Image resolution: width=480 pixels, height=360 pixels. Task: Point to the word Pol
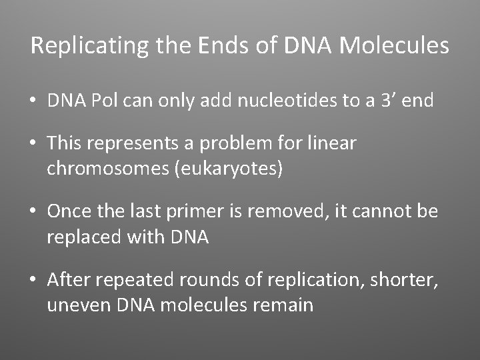105,101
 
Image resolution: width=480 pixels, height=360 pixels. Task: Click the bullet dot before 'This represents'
33,143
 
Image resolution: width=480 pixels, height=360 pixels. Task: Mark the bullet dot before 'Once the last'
33,212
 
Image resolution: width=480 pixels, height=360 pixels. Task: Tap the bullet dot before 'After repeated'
33,280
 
